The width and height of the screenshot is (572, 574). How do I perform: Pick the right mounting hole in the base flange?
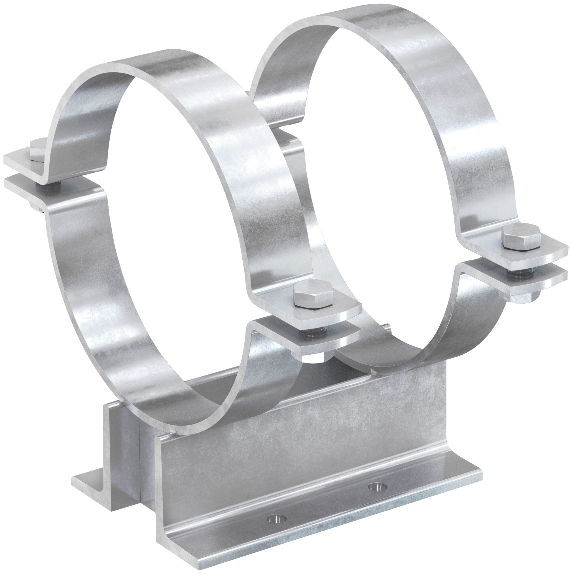coord(377,487)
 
